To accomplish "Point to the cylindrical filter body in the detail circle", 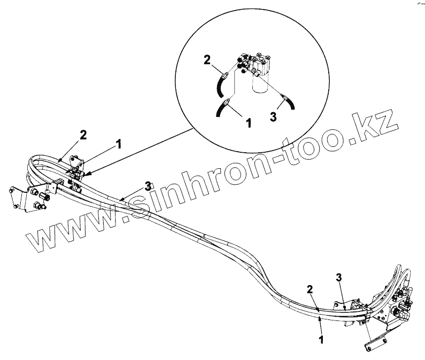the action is tap(259, 84).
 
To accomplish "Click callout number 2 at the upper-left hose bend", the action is tap(83, 136).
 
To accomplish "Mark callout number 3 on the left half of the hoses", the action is tap(148, 186).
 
